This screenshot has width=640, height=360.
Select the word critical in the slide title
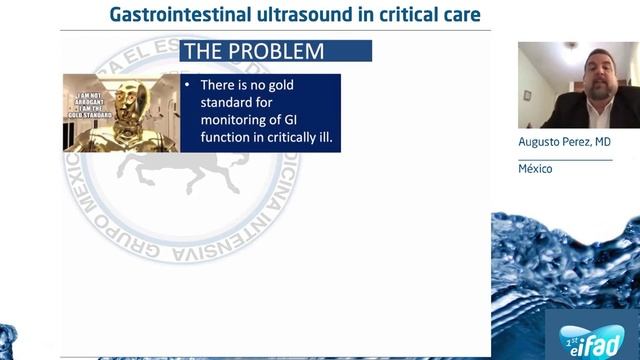pyautogui.click(x=402, y=15)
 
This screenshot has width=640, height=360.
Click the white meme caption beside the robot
pyautogui.click(x=86, y=105)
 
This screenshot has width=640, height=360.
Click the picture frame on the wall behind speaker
pyautogui.click(x=527, y=95)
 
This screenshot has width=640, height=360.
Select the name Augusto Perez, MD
pyautogui.click(x=564, y=143)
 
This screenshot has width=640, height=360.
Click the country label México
pyautogui.click(x=535, y=168)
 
